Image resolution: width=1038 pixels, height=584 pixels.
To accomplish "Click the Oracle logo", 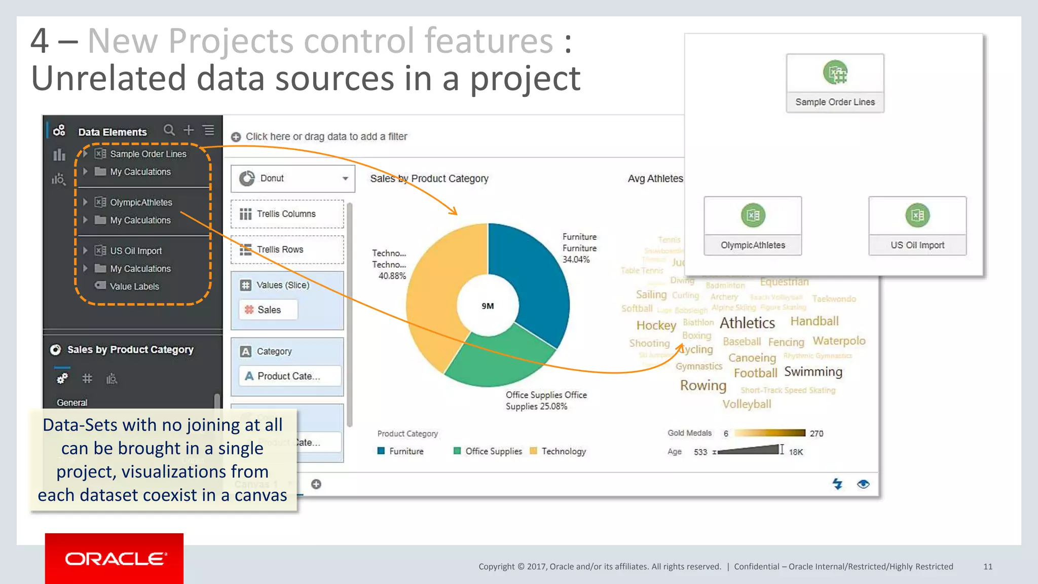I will pos(115,559).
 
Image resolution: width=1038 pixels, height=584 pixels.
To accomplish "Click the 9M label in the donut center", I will pos(488,306).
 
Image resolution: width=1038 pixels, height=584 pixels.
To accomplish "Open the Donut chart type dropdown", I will pos(345,178).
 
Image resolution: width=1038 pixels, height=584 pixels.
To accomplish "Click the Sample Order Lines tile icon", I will pos(835,73).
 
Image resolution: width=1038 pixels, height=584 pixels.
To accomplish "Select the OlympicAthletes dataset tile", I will pos(753,226).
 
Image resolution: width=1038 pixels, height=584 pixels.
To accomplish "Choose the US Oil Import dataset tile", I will pos(917,226).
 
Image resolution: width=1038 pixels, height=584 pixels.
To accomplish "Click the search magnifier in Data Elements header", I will pos(169,130).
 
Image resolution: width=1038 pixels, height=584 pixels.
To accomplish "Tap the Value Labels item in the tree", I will pos(134,286).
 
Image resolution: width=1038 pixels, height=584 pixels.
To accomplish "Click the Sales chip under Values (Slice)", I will pos(269,310).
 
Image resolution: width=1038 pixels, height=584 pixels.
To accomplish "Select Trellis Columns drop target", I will pos(287,214).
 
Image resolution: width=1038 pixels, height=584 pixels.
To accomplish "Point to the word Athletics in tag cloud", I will pos(748,323).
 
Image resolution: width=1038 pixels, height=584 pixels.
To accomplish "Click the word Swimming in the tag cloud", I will pos(813,372).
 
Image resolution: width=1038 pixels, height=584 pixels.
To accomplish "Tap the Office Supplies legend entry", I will pos(493,451).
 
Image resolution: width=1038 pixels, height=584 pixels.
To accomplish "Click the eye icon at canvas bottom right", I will pos(863,484).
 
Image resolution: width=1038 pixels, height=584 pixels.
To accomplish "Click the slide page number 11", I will pos(987,566).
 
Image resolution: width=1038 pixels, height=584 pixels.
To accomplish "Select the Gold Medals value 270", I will pos(816,433).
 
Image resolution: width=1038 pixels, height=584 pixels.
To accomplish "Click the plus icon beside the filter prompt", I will pos(236,137).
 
